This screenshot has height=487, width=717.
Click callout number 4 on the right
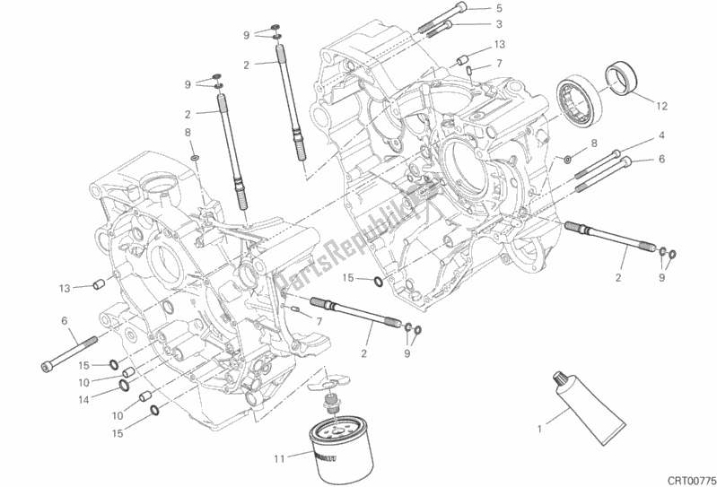(660, 135)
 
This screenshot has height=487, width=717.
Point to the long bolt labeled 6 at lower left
(69, 355)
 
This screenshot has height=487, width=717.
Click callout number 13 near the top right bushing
(500, 44)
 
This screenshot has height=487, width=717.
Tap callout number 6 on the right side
(660, 160)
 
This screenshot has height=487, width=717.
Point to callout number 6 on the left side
(64, 320)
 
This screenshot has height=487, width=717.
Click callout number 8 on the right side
(594, 143)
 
